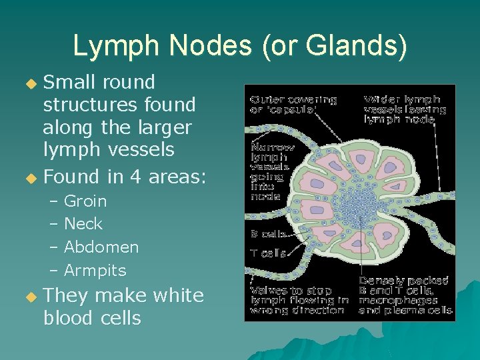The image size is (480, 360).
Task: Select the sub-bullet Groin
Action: click(85, 201)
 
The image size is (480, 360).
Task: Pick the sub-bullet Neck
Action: click(83, 224)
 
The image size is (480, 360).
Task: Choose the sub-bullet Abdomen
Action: click(101, 247)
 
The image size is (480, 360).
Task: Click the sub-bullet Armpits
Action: click(95, 271)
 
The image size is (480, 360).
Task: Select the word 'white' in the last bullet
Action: click(178, 295)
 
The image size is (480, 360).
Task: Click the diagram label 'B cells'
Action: click(268, 234)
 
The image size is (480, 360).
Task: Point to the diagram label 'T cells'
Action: click(268, 253)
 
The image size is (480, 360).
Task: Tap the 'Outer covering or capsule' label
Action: click(293, 105)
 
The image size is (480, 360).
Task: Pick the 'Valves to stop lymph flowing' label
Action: click(299, 300)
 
